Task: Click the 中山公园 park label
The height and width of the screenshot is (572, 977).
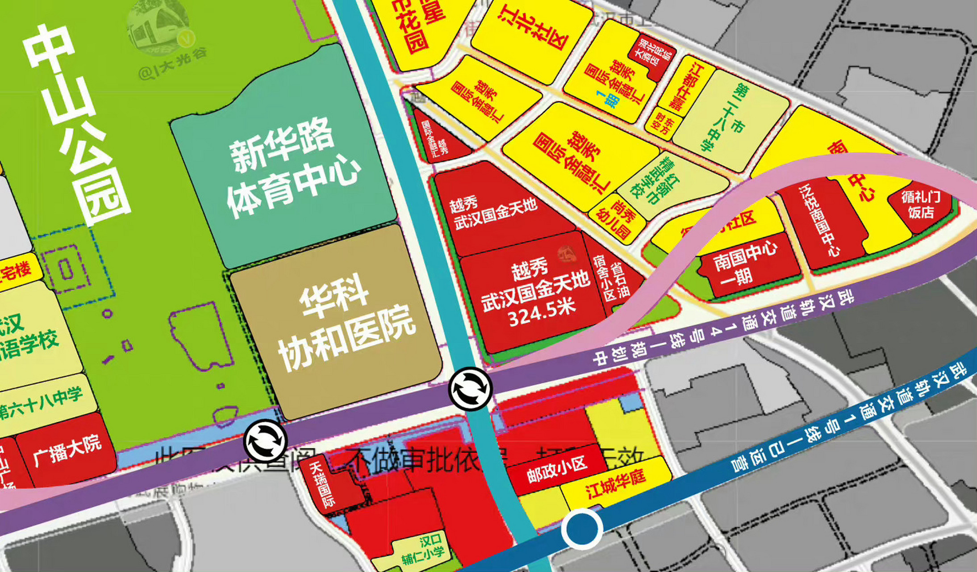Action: click(76, 125)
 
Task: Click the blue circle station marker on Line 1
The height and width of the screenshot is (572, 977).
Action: click(582, 529)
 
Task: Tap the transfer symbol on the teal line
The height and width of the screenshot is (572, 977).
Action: click(470, 389)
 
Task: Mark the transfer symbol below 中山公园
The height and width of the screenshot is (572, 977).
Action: click(265, 440)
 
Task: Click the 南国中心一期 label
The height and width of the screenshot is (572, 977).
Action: click(743, 264)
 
